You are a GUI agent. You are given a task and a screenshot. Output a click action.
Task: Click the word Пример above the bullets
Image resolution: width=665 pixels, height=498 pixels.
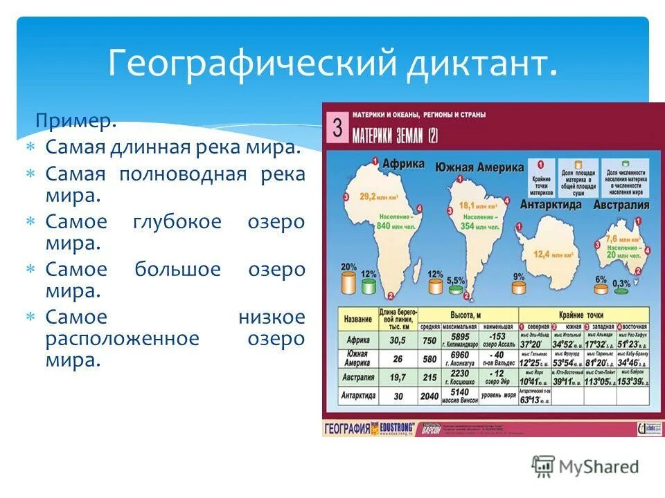(x=75, y=122)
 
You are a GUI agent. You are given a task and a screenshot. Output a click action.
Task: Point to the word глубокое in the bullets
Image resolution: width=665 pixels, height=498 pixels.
(x=177, y=222)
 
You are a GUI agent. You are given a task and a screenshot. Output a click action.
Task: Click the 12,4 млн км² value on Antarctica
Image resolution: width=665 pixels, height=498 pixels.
(x=552, y=255)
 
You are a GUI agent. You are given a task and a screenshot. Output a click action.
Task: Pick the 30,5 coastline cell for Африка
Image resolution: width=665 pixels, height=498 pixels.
(x=397, y=341)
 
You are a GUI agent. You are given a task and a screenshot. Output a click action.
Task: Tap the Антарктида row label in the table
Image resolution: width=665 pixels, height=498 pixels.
(x=357, y=396)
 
